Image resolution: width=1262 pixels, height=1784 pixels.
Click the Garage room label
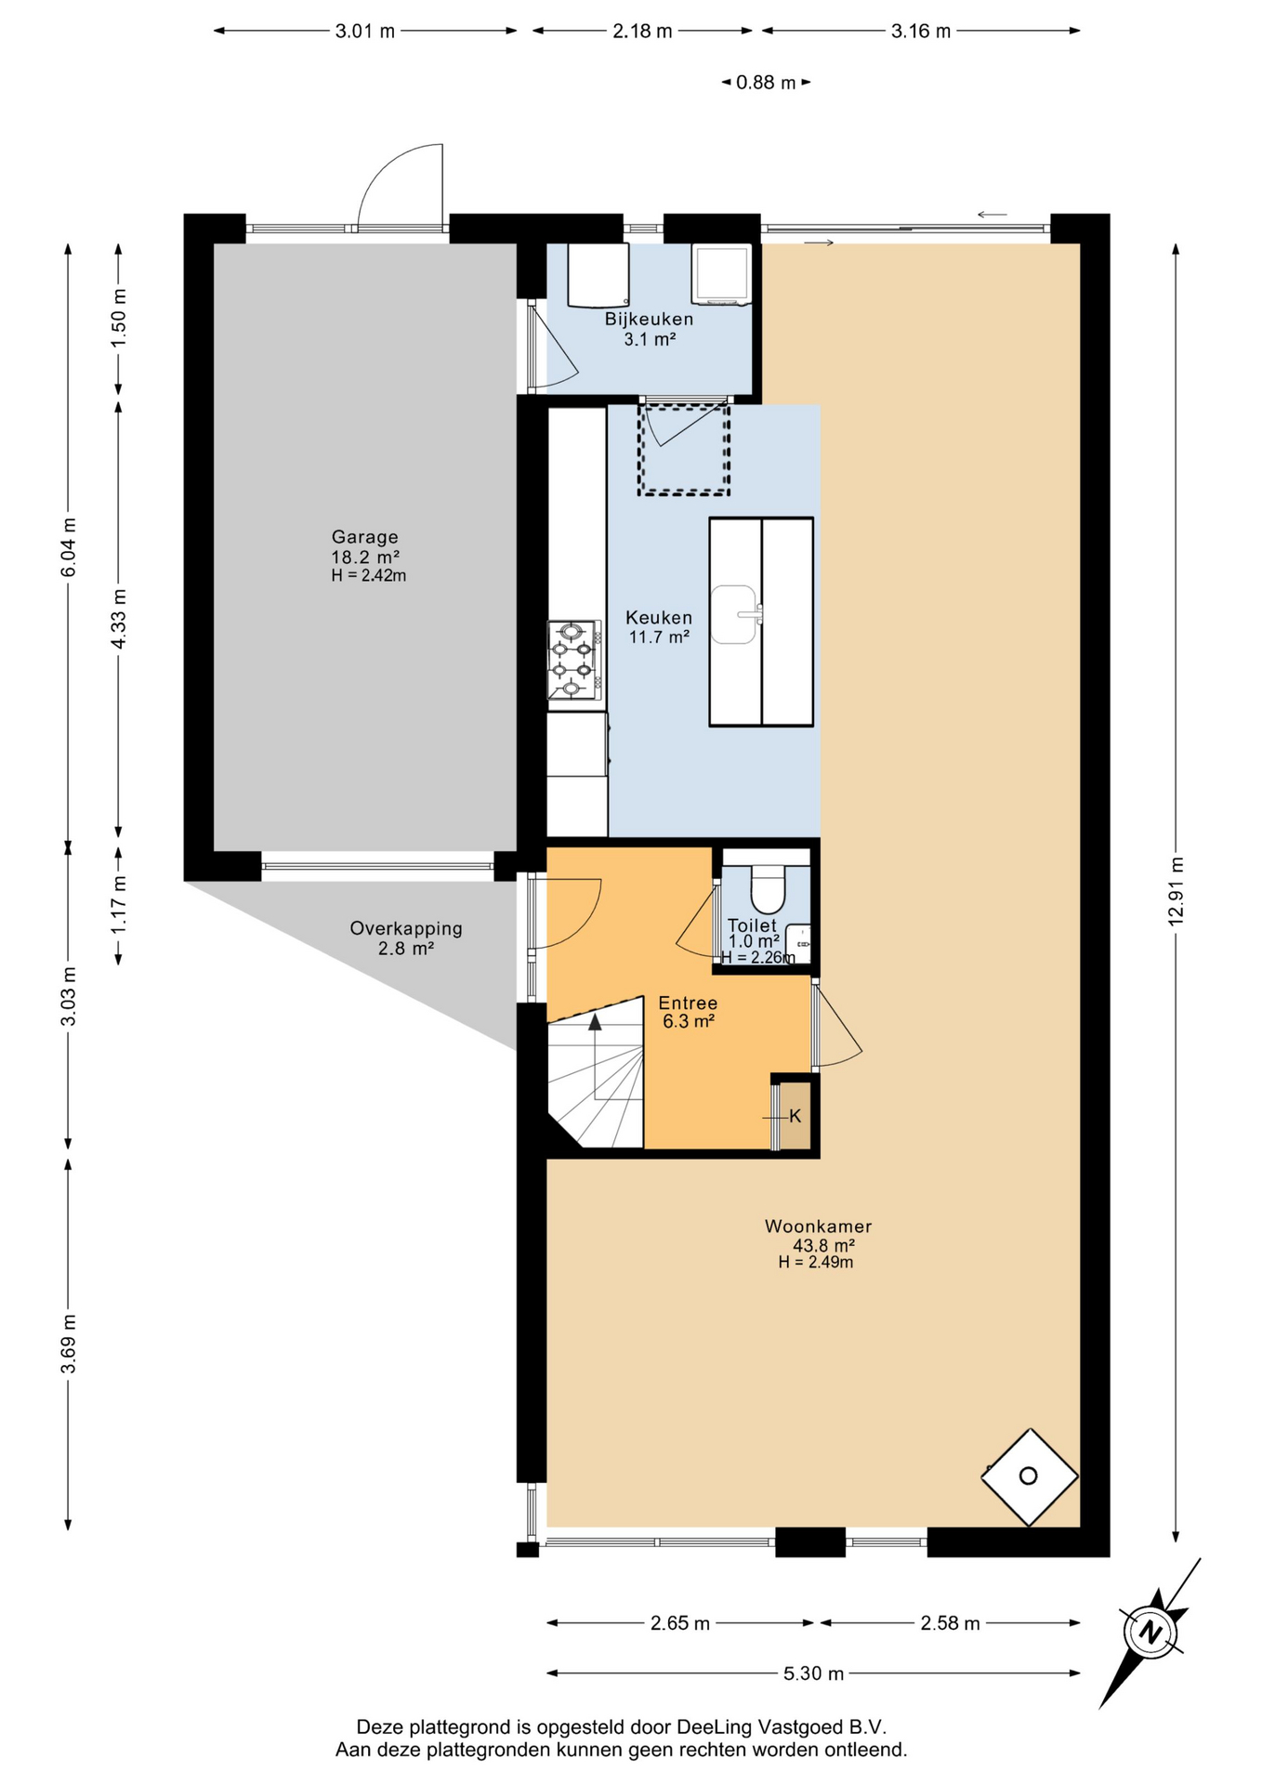(365, 537)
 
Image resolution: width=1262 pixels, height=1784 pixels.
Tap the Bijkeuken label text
(649, 319)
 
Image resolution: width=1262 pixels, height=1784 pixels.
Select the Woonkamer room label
(818, 1226)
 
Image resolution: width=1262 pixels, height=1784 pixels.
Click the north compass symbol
(1151, 1633)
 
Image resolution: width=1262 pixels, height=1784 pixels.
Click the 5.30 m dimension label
(814, 1673)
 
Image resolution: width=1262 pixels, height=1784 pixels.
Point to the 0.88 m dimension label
(766, 83)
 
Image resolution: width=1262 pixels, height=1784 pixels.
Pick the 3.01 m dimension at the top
(365, 31)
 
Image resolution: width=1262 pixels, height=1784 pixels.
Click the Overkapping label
(406, 928)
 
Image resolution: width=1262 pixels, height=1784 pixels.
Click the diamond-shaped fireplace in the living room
(1030, 1476)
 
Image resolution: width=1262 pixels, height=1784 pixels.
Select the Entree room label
(688, 1003)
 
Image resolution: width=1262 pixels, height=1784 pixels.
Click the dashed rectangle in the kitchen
(684, 447)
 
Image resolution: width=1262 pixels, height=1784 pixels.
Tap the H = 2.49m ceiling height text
(816, 1262)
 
